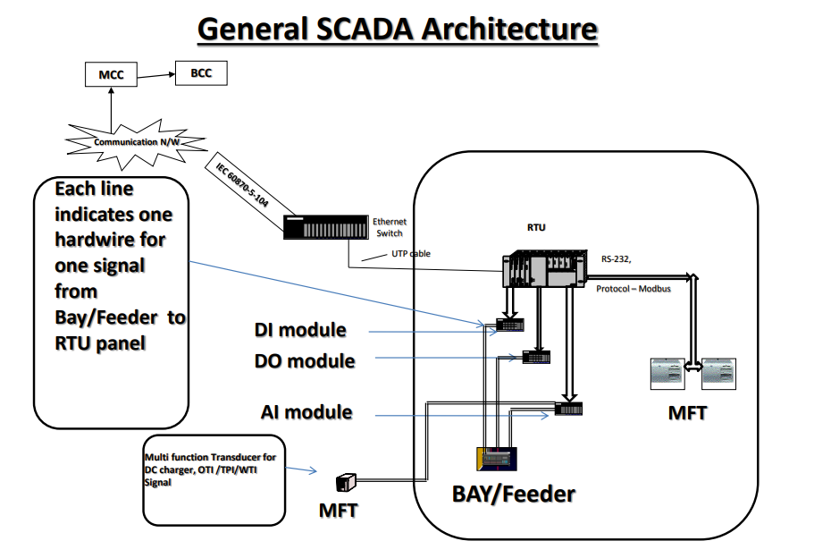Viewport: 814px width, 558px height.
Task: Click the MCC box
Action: tap(111, 75)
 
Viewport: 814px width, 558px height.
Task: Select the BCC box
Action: tap(201, 72)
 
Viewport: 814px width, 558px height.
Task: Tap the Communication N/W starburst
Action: tap(131, 140)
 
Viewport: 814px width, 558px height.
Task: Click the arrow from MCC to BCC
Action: tap(157, 73)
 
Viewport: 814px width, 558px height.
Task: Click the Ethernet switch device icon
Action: tap(325, 227)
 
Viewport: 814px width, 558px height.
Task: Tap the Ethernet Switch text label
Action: tap(390, 227)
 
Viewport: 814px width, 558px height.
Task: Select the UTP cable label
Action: tap(411, 253)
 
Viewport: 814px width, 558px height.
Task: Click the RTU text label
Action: tap(536, 227)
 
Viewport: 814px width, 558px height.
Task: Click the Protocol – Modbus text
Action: tap(633, 288)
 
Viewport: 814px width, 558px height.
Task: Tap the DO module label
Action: tap(304, 361)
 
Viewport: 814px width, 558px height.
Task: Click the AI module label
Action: tap(306, 412)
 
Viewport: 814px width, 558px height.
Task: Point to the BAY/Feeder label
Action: tap(513, 493)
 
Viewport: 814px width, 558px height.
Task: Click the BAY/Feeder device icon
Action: tap(497, 458)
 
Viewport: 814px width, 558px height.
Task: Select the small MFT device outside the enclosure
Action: tap(346, 483)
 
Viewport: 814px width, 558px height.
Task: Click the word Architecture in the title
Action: tap(509, 29)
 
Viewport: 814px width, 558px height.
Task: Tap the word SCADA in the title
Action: tap(363, 29)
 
